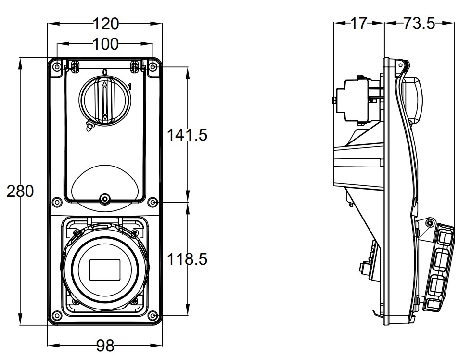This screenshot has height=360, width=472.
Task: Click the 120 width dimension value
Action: tap(105, 23)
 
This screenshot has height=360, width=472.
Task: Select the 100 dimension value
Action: tap(105, 44)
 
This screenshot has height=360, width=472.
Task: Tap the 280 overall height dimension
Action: tap(20, 191)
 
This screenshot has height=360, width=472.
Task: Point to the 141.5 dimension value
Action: tap(187, 135)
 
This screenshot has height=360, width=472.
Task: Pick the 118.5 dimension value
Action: tap(187, 259)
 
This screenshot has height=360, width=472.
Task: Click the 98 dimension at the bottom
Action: tap(105, 345)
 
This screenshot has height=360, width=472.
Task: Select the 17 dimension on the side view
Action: tap(358, 23)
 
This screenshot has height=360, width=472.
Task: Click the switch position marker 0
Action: tap(105, 72)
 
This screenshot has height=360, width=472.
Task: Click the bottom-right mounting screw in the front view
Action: tap(153, 316)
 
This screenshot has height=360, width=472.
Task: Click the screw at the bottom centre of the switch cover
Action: tap(105, 199)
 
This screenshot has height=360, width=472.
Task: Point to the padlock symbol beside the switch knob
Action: tap(89, 127)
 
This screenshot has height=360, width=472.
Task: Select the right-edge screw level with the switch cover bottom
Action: tap(153, 202)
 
